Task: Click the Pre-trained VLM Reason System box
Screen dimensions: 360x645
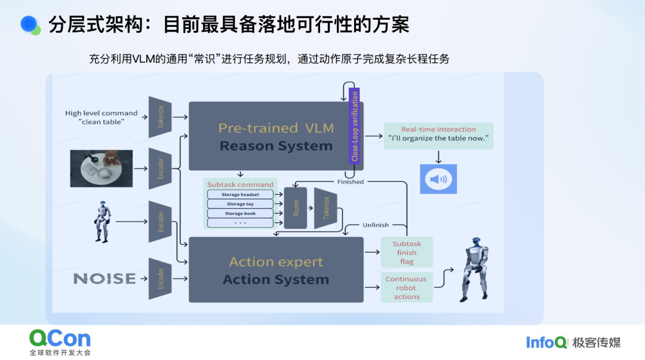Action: click(269, 136)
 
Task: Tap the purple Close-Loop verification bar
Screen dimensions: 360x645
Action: click(355, 126)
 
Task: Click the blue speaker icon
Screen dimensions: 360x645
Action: click(438, 179)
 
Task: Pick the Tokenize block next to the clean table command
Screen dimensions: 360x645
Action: click(160, 117)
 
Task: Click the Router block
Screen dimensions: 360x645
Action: click(296, 208)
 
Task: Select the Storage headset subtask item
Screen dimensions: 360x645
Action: click(240, 195)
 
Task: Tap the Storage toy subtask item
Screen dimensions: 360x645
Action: click(240, 204)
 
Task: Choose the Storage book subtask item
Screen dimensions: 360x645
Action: click(240, 214)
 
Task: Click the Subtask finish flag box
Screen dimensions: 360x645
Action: click(407, 253)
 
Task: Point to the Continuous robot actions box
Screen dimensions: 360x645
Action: click(407, 287)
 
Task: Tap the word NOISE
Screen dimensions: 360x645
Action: click(105, 279)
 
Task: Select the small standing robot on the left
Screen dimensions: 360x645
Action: click(102, 221)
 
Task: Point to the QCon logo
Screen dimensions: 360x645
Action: click(60, 342)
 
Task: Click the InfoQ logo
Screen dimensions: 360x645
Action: click(546, 342)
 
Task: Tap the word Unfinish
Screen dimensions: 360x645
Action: click(376, 225)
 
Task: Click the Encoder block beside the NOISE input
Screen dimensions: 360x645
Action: click(160, 279)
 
